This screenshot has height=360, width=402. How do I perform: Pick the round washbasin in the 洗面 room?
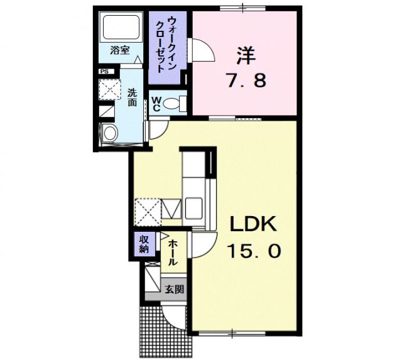111,133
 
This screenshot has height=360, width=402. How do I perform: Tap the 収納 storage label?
144,244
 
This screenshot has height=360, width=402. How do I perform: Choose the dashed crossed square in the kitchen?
148,211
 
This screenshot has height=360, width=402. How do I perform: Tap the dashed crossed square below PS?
112,90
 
